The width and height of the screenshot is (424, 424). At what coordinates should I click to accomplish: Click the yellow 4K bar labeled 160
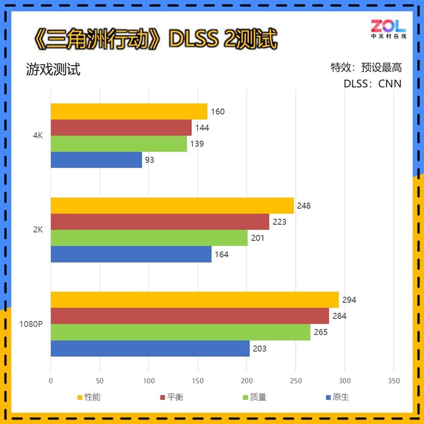[x=129, y=112]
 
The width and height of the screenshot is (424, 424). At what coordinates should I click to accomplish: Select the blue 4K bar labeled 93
[x=96, y=160]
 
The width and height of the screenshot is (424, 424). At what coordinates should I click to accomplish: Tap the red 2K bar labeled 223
[x=160, y=222]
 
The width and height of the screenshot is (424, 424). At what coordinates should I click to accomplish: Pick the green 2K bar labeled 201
[x=149, y=238]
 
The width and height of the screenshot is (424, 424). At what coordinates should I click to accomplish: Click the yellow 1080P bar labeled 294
[x=195, y=300]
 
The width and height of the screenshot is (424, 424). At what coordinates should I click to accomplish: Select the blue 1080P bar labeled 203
[x=150, y=349]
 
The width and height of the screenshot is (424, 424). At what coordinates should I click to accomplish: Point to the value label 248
[x=304, y=206]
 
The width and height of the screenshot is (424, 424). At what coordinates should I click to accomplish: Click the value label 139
[x=197, y=144]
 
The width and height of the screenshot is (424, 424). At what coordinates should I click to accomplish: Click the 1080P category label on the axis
[x=31, y=324]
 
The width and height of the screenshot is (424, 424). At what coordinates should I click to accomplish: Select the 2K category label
[x=37, y=230]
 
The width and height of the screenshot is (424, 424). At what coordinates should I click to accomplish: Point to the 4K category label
[x=37, y=136]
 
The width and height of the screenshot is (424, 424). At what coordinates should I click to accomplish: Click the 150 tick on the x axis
[x=198, y=381]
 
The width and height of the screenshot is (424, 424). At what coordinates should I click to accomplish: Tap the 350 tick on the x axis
[x=394, y=381]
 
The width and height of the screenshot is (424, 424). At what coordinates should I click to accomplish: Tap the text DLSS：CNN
[x=372, y=84]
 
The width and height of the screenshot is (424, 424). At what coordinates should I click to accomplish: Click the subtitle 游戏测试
[x=53, y=70]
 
